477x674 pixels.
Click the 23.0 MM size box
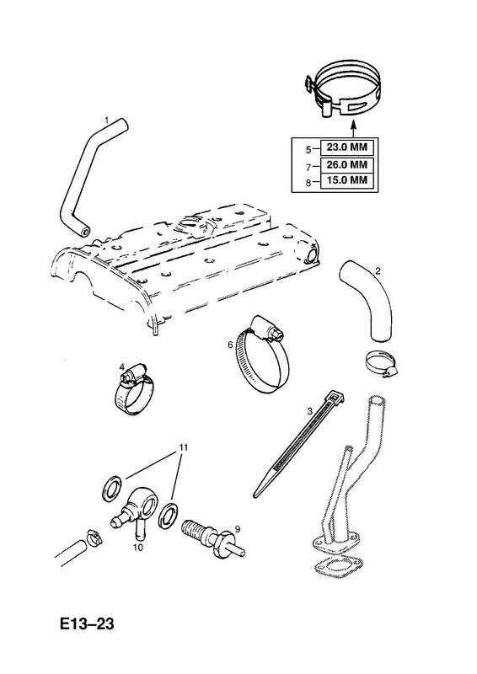[x=346, y=148]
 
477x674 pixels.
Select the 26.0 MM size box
[x=346, y=164]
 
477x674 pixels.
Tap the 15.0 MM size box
[x=346, y=179]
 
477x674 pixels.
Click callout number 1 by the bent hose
[x=107, y=120]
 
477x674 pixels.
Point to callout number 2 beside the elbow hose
[x=378, y=270]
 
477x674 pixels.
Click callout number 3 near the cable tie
[x=309, y=411]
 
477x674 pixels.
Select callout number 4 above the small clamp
[x=121, y=366]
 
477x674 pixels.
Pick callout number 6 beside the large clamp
[x=230, y=345]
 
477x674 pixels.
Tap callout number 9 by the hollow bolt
[x=236, y=528]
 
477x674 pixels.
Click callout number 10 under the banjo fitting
[x=138, y=547]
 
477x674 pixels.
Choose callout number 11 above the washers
[x=184, y=447]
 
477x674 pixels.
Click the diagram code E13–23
[x=87, y=623]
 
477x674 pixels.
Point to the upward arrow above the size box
[x=352, y=129]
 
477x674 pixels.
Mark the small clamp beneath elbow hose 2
[x=381, y=363]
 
